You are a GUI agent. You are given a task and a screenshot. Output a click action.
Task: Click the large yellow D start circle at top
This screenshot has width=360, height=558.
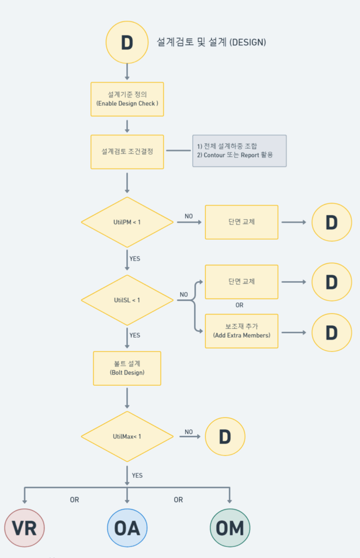[x=127, y=43]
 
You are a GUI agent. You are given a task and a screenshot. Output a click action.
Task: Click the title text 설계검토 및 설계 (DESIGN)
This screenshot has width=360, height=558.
[x=211, y=42]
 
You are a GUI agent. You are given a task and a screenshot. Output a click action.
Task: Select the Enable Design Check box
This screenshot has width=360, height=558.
[x=127, y=99]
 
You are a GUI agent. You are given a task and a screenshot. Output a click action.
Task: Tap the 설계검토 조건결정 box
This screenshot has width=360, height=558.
[x=127, y=151]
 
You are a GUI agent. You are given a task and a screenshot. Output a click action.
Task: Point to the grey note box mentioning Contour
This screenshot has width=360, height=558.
[x=239, y=151]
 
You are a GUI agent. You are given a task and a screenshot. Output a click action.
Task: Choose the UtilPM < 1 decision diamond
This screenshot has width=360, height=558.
[x=127, y=222]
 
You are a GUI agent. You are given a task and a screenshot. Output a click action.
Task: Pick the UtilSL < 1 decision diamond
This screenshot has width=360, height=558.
[x=127, y=300]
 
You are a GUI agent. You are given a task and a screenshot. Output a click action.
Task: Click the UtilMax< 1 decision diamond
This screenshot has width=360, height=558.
[x=127, y=436]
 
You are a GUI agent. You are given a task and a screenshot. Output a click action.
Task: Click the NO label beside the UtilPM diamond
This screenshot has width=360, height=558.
[x=188, y=216]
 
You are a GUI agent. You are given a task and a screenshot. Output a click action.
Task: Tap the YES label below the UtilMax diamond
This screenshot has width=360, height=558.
[x=137, y=475]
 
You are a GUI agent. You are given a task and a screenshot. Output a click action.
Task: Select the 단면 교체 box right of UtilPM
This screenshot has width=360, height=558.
[x=241, y=222]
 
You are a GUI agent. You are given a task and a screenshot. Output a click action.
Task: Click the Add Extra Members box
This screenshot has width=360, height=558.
[x=241, y=331]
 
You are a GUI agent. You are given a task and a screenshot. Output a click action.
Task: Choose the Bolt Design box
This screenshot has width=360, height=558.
[x=127, y=368]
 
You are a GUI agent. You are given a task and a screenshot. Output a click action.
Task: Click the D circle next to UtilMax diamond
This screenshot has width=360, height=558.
[x=225, y=436]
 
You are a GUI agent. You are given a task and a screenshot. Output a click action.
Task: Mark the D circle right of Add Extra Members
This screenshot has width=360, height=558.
[x=331, y=332]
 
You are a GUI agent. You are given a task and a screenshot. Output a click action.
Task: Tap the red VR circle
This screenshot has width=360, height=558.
[x=24, y=527]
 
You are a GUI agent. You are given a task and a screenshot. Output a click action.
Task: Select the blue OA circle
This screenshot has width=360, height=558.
[x=127, y=527]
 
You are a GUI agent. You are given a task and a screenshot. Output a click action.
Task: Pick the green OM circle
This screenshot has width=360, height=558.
[x=229, y=527]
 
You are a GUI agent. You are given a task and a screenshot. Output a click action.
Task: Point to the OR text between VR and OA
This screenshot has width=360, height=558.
[x=75, y=500]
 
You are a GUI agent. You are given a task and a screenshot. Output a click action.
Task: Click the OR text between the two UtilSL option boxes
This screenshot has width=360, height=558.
[x=239, y=305]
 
